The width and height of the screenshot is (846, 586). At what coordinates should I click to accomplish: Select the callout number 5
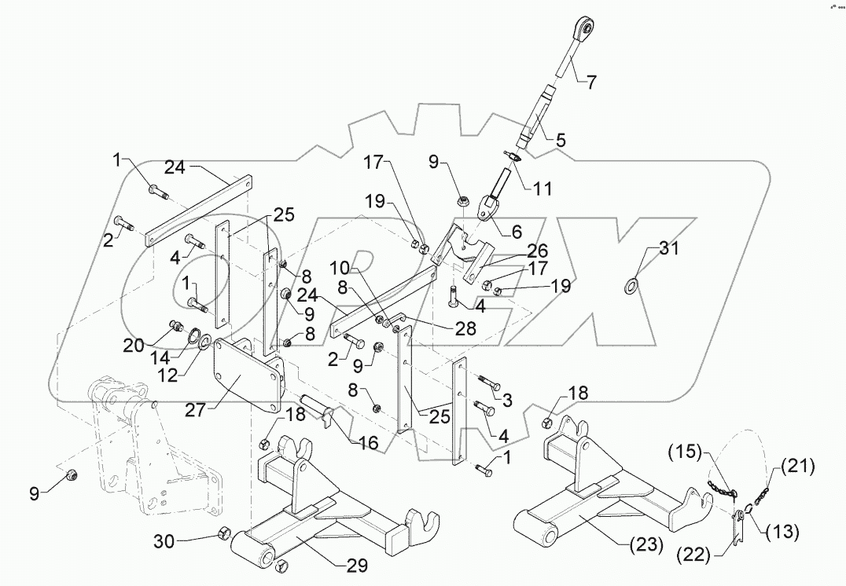tap(560, 141)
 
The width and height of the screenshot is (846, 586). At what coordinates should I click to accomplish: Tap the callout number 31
tap(668, 251)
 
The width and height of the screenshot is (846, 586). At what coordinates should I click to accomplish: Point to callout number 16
tap(369, 444)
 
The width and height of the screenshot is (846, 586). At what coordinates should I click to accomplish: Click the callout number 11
tap(542, 189)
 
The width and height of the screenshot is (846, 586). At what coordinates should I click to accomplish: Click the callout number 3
tap(506, 401)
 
